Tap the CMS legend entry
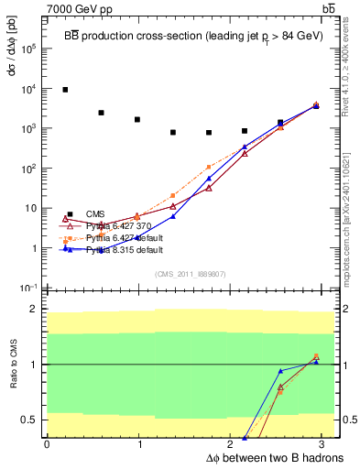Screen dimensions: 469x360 pos(94,213)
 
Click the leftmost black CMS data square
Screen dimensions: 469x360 pos(65,90)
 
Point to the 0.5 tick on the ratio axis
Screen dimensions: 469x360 pos(28,420)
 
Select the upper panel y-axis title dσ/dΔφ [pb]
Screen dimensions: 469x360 pos(10,53)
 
